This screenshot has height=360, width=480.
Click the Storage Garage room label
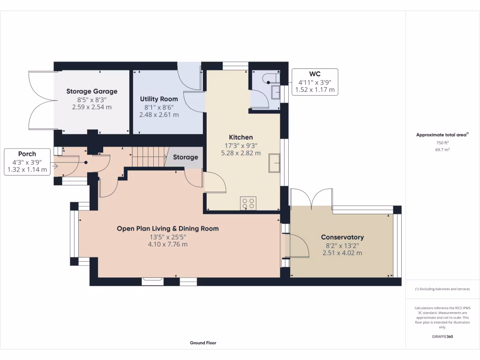pos(92,91)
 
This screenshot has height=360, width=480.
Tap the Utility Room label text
pos(159,99)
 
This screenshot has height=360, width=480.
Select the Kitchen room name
pos(241,137)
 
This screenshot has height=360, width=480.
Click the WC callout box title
pos(315,74)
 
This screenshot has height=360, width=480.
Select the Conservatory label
pos(342,237)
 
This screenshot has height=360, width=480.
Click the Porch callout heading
pos(27,154)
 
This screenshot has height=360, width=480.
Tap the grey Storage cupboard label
pos(186,157)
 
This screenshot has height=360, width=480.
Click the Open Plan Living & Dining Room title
pos(168,229)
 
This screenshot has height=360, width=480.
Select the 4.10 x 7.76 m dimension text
pos(168,244)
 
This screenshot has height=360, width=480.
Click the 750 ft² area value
pos(442,143)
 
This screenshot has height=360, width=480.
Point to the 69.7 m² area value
pos(442,150)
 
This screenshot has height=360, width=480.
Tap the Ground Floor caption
pos(203,343)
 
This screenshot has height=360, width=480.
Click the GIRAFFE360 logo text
pos(442,337)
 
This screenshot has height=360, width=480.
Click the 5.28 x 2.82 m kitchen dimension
pos(241,153)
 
